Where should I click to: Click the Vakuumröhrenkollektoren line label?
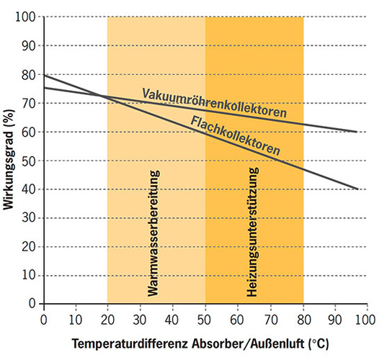[213, 103]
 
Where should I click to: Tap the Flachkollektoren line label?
[236, 135]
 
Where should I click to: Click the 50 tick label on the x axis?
[205, 318]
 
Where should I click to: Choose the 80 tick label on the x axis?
[302, 318]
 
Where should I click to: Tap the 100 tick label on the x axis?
[366, 318]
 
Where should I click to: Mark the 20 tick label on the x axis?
[107, 318]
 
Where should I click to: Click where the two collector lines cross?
[103, 96]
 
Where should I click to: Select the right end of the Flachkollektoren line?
[357, 189]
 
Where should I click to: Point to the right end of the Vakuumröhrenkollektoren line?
[357, 132]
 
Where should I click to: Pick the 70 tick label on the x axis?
[270, 318]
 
